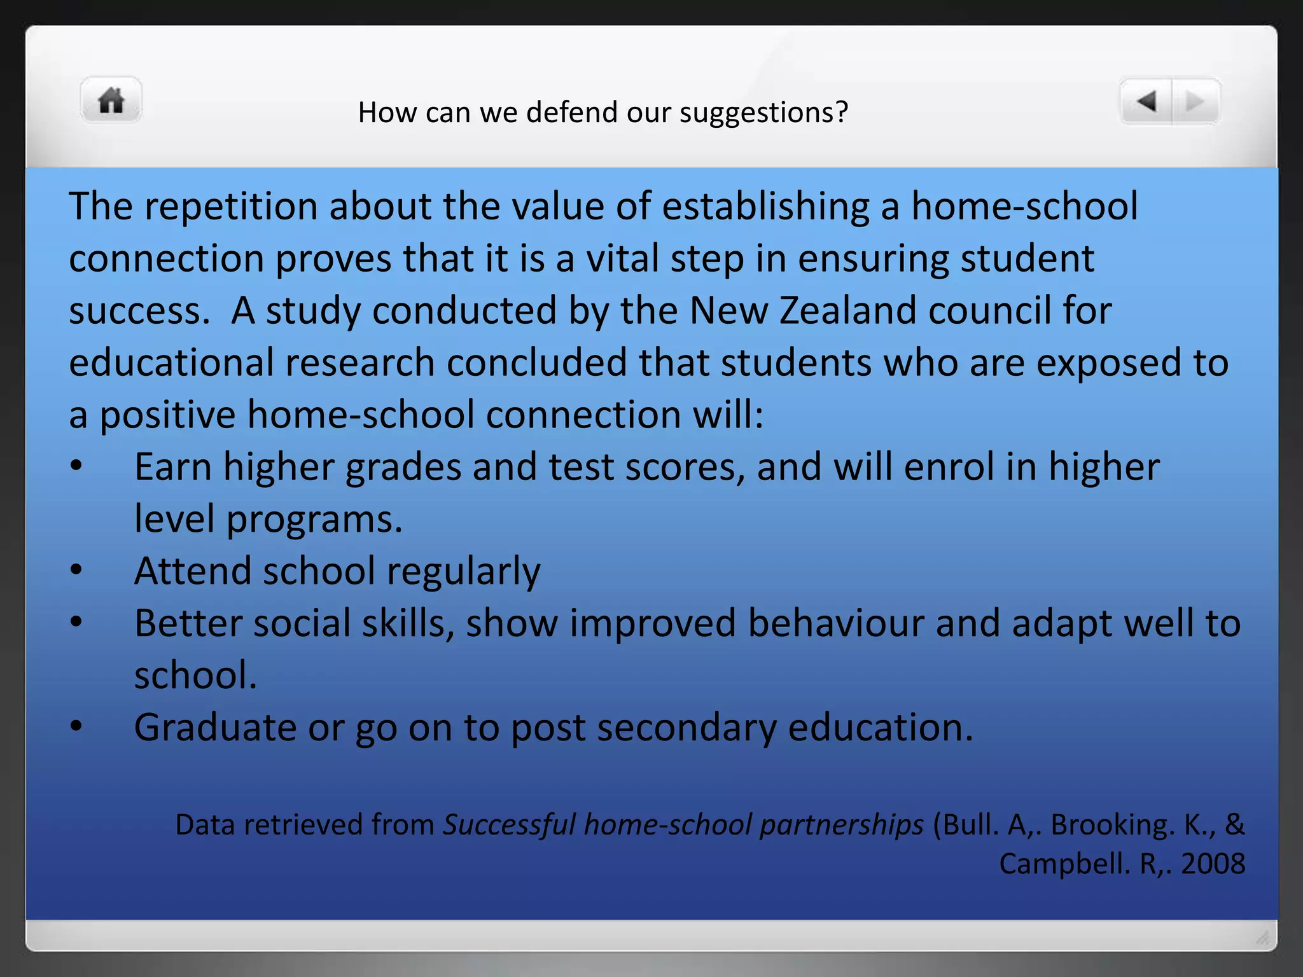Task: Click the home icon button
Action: (111, 100)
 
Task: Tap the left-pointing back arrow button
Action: (1146, 101)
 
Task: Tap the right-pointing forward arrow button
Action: (1195, 101)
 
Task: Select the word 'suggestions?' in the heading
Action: (763, 113)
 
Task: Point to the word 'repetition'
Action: (231, 207)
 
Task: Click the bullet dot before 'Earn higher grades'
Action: (76, 466)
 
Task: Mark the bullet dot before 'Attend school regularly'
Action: (76, 570)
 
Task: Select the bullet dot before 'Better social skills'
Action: (76, 622)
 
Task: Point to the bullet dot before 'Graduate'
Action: (76, 726)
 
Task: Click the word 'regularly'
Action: (464, 571)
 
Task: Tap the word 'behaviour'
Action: (836, 623)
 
